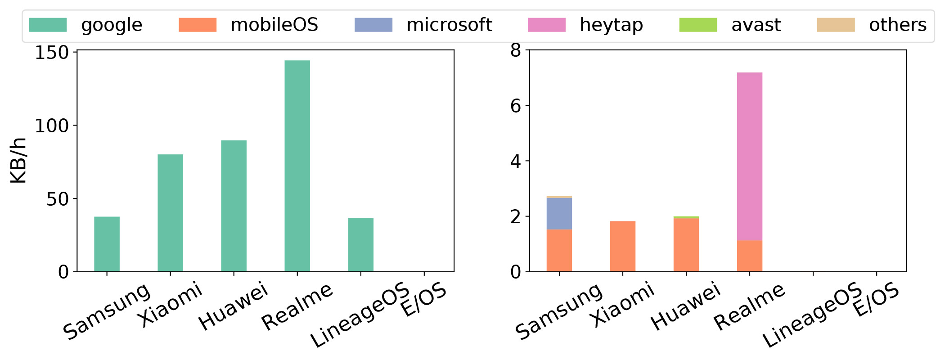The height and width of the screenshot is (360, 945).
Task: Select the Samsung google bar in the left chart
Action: [107, 244]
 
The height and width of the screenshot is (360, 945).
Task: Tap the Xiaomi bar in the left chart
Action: [170, 213]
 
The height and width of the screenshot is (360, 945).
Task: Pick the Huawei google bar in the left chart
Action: [234, 206]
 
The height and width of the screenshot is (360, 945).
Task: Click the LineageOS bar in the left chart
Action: [360, 244]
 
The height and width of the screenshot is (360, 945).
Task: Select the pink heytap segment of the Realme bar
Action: [750, 156]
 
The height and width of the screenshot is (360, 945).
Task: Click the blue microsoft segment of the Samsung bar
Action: [559, 213]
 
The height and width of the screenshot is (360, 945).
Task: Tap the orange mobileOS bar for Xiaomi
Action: [623, 246]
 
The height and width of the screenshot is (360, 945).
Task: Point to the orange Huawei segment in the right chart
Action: [686, 245]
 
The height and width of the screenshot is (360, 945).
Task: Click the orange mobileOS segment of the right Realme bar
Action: [750, 256]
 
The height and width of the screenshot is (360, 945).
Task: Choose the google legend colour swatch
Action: [48, 25]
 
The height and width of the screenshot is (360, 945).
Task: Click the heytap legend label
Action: [611, 25]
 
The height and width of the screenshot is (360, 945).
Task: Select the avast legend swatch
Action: [698, 25]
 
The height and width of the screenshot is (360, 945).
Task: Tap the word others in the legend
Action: [897, 25]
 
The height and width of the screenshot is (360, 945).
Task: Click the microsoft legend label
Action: [449, 25]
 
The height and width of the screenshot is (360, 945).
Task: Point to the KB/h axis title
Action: [19, 161]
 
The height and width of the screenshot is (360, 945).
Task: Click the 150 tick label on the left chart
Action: [52, 53]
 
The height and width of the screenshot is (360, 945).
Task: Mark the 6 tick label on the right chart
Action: [515, 106]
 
